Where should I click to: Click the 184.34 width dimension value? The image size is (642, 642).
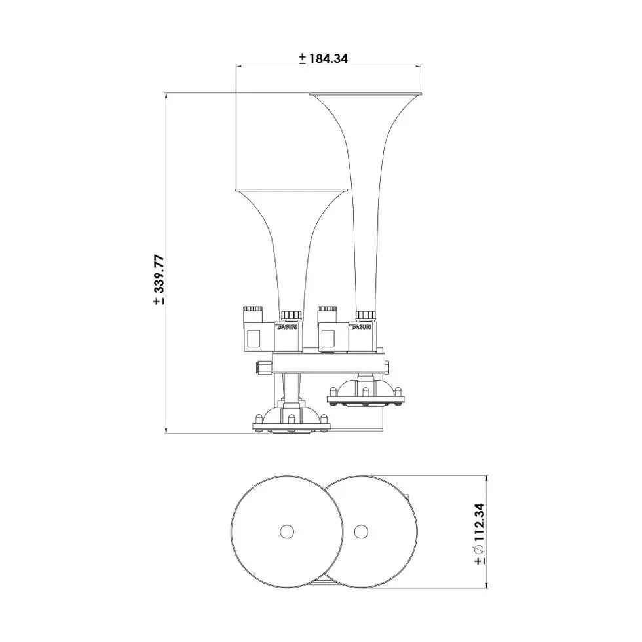(x=327, y=58)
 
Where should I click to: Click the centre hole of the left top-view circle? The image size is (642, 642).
(x=286, y=531)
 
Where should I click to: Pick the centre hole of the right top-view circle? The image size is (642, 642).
(x=360, y=531)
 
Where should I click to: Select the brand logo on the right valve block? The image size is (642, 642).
(x=363, y=326)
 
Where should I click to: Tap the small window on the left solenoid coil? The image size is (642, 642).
(x=254, y=338)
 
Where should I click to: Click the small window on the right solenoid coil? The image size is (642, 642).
(x=328, y=338)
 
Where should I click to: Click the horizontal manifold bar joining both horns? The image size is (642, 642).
(x=328, y=362)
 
